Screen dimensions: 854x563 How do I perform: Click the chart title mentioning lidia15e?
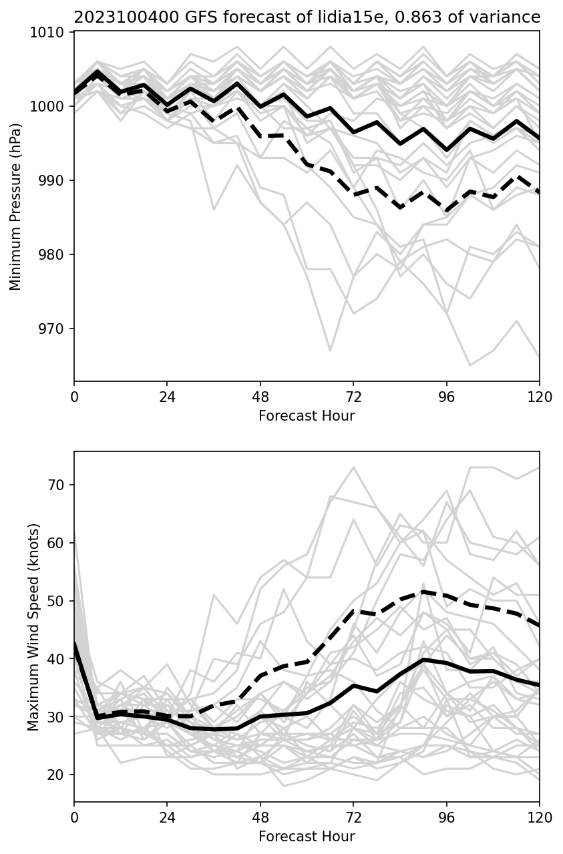click(x=307, y=17)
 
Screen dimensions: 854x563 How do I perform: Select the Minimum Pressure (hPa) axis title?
click(x=16, y=206)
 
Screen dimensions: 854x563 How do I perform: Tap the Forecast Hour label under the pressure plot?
click(x=307, y=416)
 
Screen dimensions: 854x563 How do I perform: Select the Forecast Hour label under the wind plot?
click(x=307, y=837)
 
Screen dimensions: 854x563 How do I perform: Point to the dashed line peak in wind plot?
click(x=423, y=592)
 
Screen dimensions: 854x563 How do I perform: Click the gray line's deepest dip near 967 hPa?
click(x=330, y=351)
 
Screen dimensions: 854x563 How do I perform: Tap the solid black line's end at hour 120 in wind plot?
click(x=539, y=685)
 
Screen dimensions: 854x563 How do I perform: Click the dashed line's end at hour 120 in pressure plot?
click(x=539, y=192)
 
